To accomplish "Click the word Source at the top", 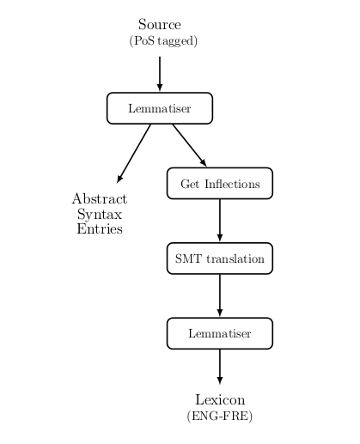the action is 160,24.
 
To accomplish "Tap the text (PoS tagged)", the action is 163,41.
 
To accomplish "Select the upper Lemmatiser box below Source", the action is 160,108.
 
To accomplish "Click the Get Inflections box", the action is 220,183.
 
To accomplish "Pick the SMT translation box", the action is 220,258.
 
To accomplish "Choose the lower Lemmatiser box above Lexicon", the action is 220,333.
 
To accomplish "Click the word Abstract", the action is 100,198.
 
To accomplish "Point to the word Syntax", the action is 100,215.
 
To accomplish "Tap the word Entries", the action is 100,228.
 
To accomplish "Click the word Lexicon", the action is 220,399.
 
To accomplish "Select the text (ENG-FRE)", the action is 220,416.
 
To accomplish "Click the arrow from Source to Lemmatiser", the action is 160,74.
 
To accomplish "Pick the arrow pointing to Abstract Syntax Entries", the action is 134,154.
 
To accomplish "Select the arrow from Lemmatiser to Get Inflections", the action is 189,145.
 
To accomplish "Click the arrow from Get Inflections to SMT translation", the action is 220,221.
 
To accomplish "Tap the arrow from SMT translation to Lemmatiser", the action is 220,295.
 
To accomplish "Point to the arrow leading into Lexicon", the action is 220,367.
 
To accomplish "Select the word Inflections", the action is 232,184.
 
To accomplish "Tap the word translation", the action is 235,258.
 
